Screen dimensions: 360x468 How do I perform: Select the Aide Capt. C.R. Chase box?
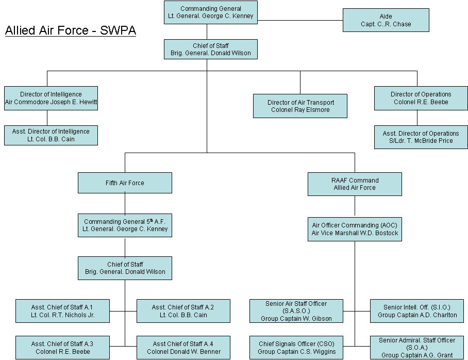coord(386,20)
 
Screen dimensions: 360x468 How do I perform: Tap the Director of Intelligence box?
coord(51,98)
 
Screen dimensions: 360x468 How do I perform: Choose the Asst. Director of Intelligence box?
coord(51,135)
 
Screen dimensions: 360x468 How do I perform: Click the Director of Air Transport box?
coord(300,106)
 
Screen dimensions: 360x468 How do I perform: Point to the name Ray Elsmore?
coord(311,110)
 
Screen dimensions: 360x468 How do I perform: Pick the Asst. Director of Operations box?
coord(421,137)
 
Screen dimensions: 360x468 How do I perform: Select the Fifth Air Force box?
coord(125,183)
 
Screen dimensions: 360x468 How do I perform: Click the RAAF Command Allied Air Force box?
coord(355,184)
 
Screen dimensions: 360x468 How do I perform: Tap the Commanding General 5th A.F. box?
coord(125,225)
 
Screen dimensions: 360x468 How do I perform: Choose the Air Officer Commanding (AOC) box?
coord(355,229)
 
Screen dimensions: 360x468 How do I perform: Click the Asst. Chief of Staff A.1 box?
coord(62,311)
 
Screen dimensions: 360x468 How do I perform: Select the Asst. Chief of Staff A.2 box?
coord(183,311)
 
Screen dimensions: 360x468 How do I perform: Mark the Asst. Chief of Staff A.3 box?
coord(62,348)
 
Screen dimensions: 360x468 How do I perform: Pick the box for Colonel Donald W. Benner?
coord(183,348)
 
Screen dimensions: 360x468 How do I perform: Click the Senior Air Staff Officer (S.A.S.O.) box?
coord(296,311)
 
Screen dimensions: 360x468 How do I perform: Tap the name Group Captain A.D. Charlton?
coord(417,315)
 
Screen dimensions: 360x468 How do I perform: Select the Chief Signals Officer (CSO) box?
coord(296,348)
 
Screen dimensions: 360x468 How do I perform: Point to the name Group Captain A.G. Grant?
coord(417,355)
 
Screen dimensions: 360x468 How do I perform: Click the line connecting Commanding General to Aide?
coord(300,20)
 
